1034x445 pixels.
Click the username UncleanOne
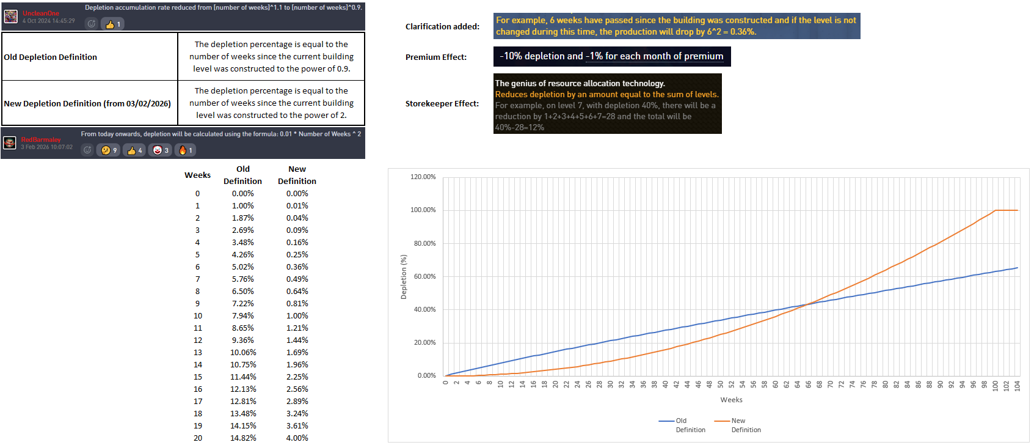(x=41, y=13)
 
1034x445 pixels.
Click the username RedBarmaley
(x=41, y=139)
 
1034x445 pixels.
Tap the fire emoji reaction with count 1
(x=185, y=150)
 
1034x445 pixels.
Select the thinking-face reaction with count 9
(x=109, y=150)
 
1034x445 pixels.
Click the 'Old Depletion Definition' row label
(x=51, y=57)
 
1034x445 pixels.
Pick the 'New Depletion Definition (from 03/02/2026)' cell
(x=87, y=103)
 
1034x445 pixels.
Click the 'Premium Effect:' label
(x=436, y=57)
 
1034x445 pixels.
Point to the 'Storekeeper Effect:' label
(x=442, y=103)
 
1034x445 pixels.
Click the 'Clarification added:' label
(x=442, y=26)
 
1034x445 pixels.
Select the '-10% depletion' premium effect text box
(x=611, y=56)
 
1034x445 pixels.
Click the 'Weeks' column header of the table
(x=197, y=175)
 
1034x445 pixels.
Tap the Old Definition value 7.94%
(x=242, y=315)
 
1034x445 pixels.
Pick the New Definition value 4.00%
(x=297, y=438)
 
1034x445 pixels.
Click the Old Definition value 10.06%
(x=242, y=352)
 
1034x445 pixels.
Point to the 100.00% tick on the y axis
(x=423, y=210)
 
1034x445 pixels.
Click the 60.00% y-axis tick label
(x=423, y=276)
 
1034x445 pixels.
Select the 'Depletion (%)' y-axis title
(x=403, y=277)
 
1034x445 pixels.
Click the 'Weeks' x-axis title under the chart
(x=731, y=400)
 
